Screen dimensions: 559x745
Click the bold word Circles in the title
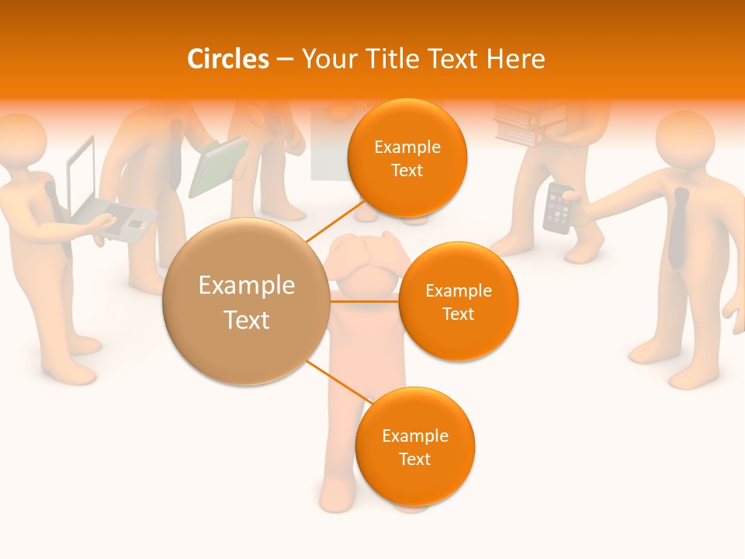(228, 59)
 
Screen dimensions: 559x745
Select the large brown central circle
(246, 301)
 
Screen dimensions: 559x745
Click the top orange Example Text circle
(407, 158)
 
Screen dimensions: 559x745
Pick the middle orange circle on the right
(458, 301)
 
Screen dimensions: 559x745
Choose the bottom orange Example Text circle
(414, 446)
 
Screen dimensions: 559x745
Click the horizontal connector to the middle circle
(364, 300)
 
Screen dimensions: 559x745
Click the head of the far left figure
(22, 140)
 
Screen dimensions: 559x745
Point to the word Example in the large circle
(246, 286)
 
